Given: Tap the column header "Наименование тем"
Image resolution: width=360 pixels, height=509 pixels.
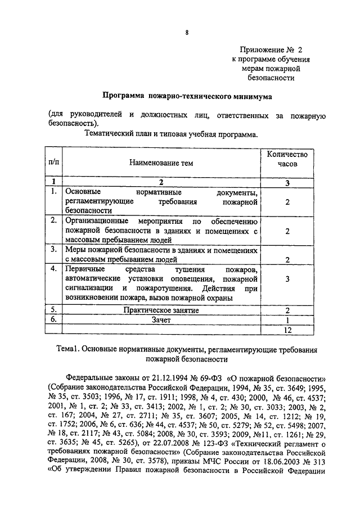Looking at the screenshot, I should pos(161,163).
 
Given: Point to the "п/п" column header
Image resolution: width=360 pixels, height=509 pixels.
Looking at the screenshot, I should pos(54,163).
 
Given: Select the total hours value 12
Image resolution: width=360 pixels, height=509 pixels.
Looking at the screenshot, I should pos(287,329).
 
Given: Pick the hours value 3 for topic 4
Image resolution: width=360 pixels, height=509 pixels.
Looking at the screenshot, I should pos(287,279).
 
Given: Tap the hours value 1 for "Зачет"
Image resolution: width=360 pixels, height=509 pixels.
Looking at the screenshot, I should pos(287,319).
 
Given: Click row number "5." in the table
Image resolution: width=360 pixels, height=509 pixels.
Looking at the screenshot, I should pos(54,310).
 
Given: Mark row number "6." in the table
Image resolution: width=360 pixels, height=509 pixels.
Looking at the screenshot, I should pos(54,319).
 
